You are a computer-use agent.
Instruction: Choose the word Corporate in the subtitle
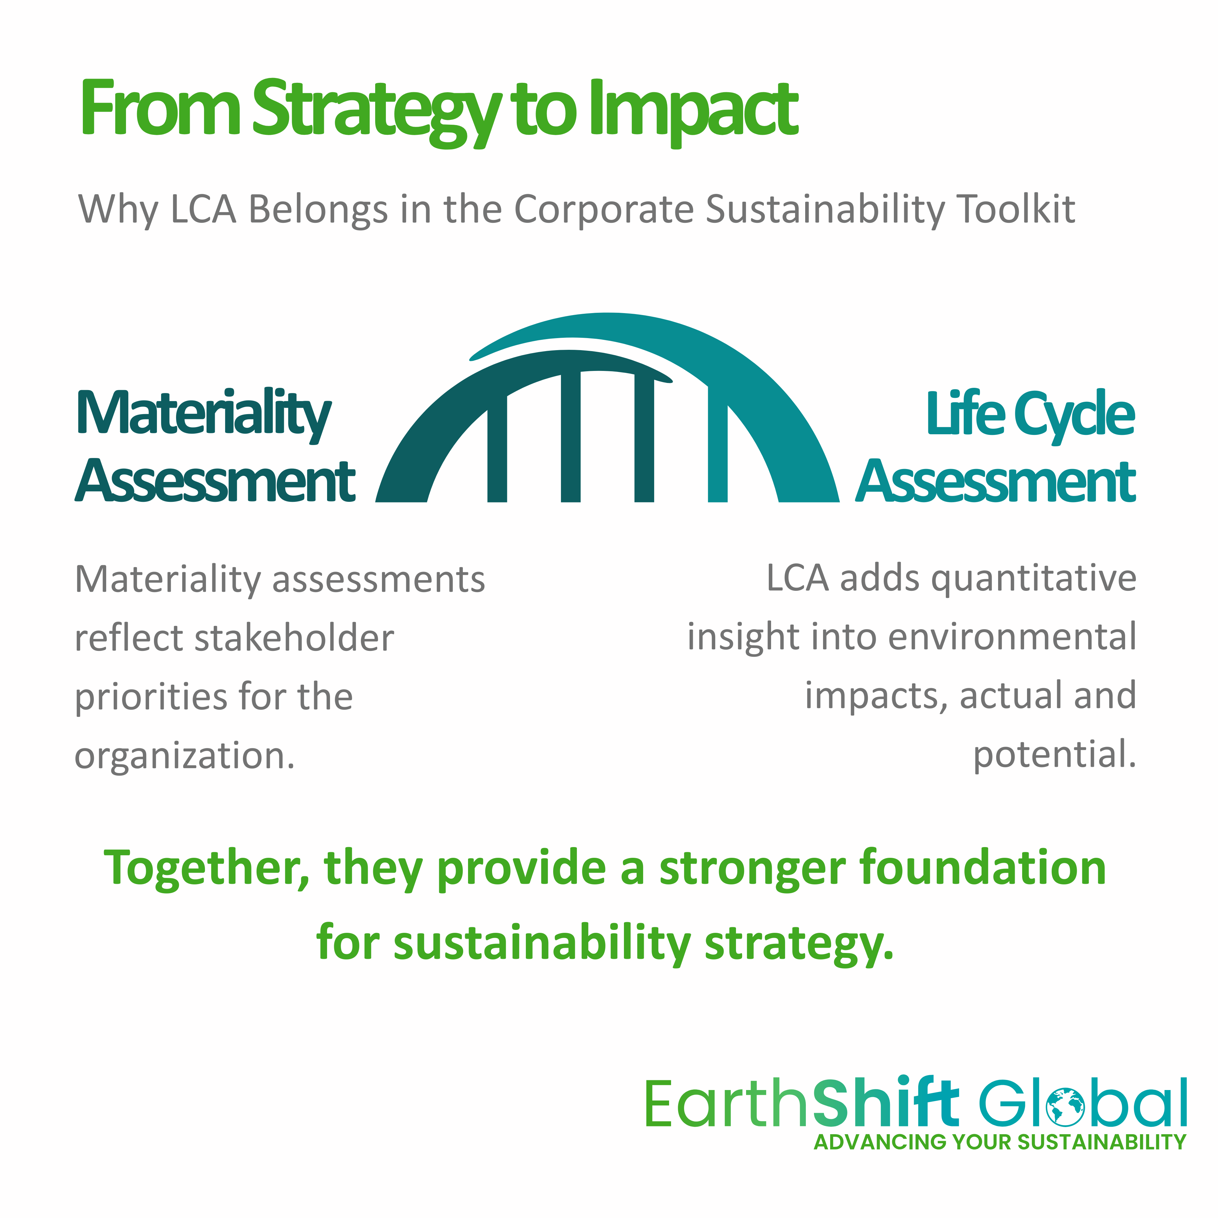coord(604,210)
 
